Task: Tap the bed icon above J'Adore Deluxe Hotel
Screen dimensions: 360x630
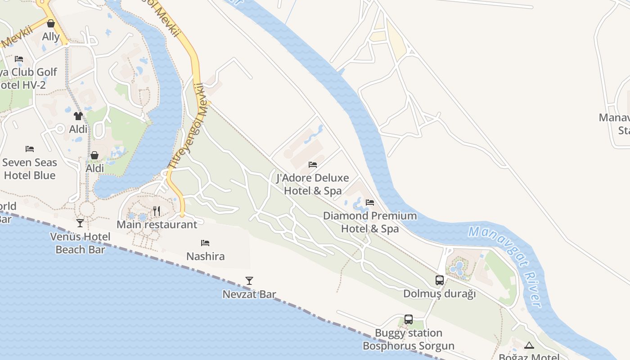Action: tap(313, 165)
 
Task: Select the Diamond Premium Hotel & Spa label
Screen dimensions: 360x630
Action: tap(370, 222)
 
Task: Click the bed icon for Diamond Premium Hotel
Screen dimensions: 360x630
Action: tap(370, 202)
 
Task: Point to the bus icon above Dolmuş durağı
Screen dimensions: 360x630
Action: tap(440, 280)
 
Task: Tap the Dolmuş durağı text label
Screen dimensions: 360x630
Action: tap(439, 294)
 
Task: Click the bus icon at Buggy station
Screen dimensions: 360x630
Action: tap(409, 319)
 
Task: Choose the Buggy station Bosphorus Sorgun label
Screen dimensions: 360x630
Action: tap(409, 339)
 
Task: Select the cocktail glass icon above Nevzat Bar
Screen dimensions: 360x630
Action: tap(249, 281)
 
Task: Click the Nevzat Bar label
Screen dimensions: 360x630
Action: tap(249, 294)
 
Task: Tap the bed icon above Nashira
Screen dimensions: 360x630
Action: tap(205, 243)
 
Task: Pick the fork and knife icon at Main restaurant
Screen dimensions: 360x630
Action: tap(157, 211)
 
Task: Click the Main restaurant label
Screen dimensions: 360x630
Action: tap(157, 224)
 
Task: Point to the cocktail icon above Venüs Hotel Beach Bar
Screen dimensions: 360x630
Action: tap(80, 223)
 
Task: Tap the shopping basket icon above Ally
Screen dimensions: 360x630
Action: tap(51, 23)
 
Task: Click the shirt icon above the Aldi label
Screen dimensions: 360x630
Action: tap(78, 116)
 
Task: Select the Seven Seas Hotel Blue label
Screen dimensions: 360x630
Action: tap(30, 169)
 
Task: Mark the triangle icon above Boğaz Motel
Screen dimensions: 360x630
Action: tap(529, 345)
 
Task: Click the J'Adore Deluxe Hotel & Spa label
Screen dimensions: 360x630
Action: tap(313, 184)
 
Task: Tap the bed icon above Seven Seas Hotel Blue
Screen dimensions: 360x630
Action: tap(30, 149)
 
